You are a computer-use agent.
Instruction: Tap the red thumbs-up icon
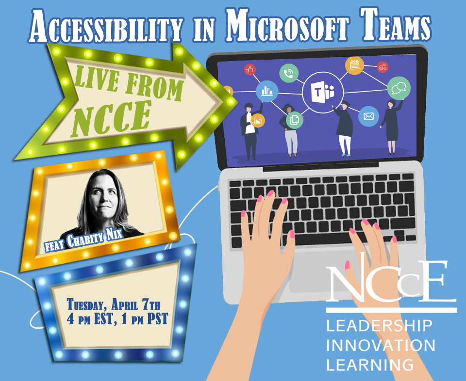coord(250,70)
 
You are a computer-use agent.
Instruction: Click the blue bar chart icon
coord(267,90)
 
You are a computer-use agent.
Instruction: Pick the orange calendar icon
coord(354,66)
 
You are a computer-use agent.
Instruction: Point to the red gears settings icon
coord(383,67)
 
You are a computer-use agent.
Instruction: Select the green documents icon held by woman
coord(294,119)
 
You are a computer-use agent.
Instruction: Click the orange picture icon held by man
coord(257,120)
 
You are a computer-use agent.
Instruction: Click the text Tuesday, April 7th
coord(113,305)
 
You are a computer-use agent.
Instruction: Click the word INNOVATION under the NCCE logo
coord(381,345)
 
